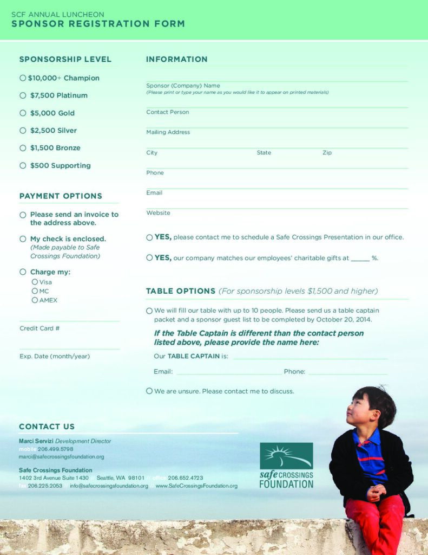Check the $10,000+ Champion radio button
(23, 78)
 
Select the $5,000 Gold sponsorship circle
(23, 113)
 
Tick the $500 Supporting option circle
(23, 165)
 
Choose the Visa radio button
(35, 282)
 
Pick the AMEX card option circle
(35, 300)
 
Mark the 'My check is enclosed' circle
(23, 238)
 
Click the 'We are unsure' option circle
(149, 391)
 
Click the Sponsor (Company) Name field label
(183, 86)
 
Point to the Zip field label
(327, 153)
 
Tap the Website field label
(158, 213)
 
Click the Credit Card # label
(39, 328)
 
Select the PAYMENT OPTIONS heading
(61, 196)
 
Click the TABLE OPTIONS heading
(181, 291)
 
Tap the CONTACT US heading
(47, 427)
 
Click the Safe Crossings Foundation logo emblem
(286, 456)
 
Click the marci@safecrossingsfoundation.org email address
(61, 457)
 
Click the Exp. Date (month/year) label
(55, 357)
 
